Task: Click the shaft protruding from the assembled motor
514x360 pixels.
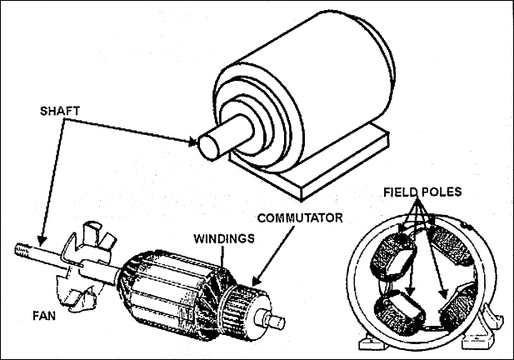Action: (218, 139)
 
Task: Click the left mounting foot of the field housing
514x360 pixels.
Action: (367, 342)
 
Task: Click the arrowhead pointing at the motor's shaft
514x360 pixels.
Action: (195, 141)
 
